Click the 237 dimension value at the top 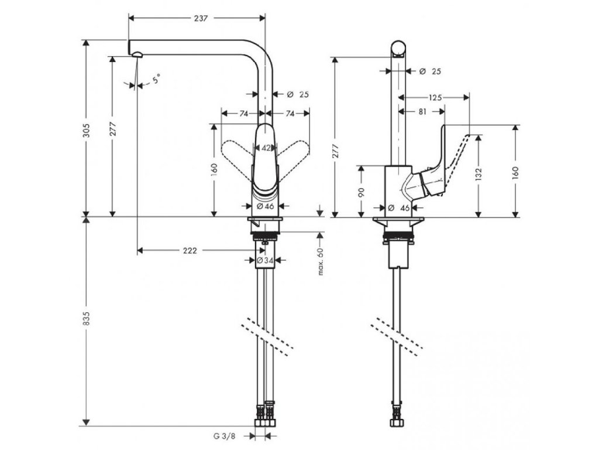click(201, 19)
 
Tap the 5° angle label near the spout click(156, 79)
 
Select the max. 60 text click(320, 261)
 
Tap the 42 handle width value click(266, 148)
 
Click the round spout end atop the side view click(399, 49)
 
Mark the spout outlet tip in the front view click(136, 55)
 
